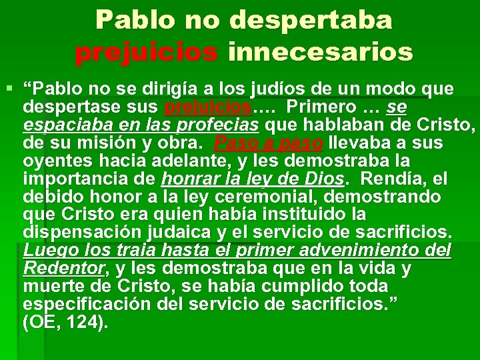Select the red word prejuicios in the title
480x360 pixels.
[146, 51]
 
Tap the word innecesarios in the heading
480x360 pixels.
[320, 51]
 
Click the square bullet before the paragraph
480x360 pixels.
[9, 89]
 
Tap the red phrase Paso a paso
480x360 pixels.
[269, 143]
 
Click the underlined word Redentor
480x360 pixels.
[64, 269]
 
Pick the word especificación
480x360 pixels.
[83, 305]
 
